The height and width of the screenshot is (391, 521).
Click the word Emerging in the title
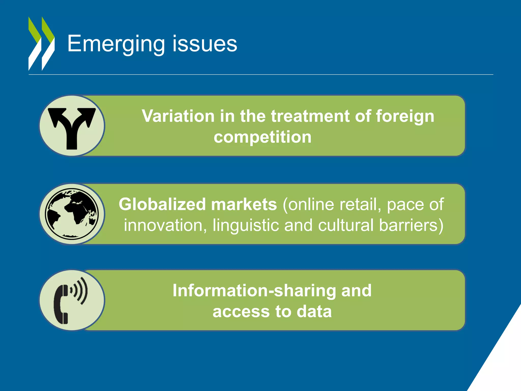tap(116, 44)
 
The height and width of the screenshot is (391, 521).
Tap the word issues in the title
tap(205, 44)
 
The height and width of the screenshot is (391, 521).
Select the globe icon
tap(72, 214)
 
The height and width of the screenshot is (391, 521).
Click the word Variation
tap(178, 116)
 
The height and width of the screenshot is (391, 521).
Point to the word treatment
tap(310, 116)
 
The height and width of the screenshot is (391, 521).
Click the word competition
tap(263, 137)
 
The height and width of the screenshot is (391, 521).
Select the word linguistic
tap(246, 225)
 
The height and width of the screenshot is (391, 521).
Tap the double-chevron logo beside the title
tap(41, 44)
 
